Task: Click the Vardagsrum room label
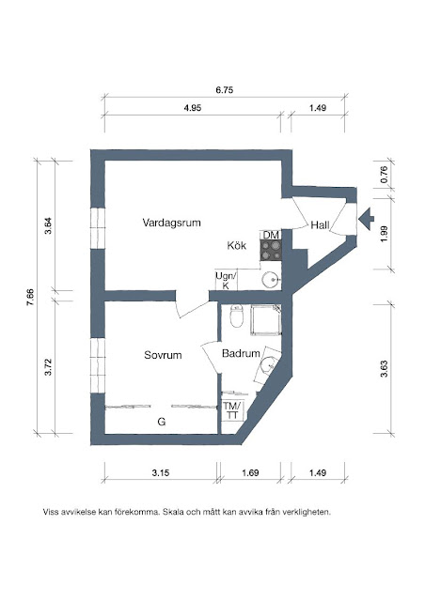(172, 223)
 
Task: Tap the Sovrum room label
(163, 355)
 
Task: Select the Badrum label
(241, 353)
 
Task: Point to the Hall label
(320, 225)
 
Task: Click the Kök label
(237, 245)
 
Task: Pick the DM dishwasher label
(271, 235)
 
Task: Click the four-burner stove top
(271, 251)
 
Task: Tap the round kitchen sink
(270, 279)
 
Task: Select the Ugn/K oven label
(226, 280)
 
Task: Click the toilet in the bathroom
(237, 316)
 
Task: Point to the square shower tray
(266, 320)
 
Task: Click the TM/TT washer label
(232, 410)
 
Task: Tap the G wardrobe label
(162, 422)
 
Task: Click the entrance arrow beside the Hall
(367, 219)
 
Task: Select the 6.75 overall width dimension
(224, 90)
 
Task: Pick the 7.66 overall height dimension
(30, 297)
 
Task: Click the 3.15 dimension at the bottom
(161, 473)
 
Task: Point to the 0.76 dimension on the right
(384, 175)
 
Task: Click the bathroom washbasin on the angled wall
(268, 365)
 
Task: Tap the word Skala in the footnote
(173, 512)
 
